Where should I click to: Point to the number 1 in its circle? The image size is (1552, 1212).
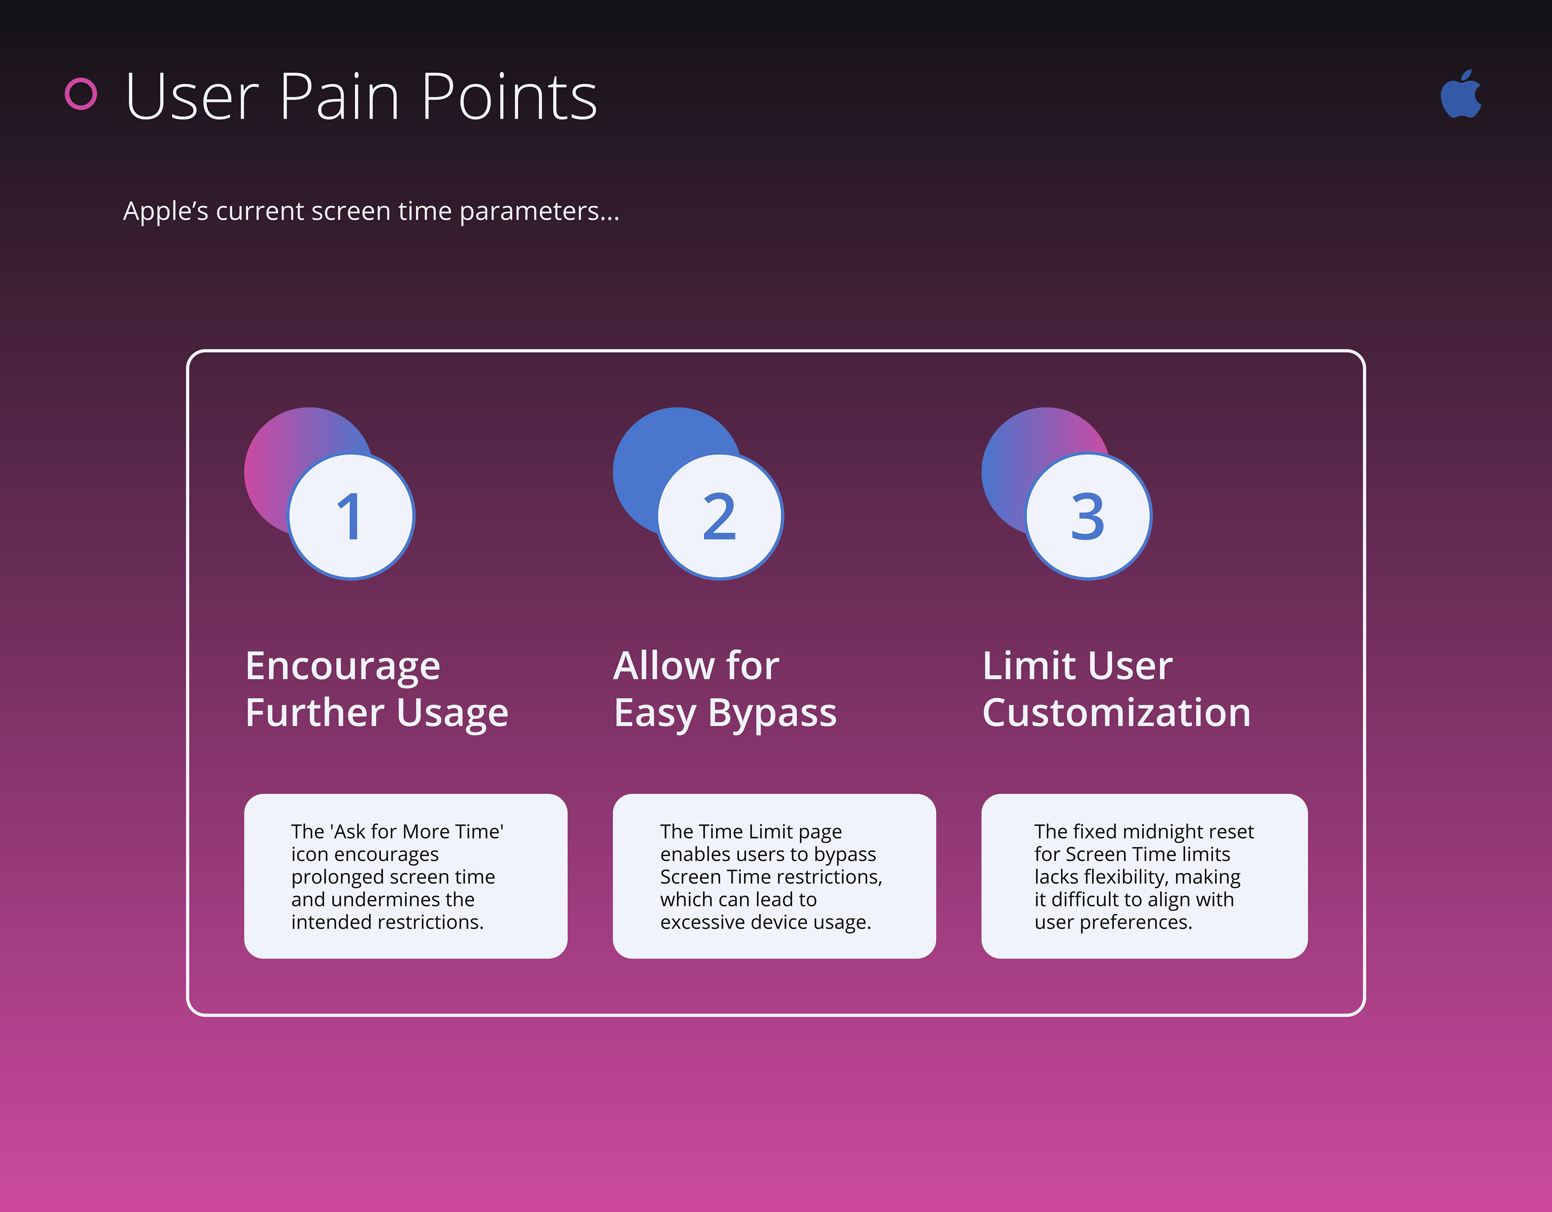tap(350, 516)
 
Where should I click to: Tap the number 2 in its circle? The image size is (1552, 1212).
tap(719, 516)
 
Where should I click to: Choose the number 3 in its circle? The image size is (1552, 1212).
tap(1087, 516)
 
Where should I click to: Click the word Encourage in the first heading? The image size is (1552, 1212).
tap(342, 666)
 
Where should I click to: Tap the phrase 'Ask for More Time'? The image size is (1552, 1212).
tap(416, 831)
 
